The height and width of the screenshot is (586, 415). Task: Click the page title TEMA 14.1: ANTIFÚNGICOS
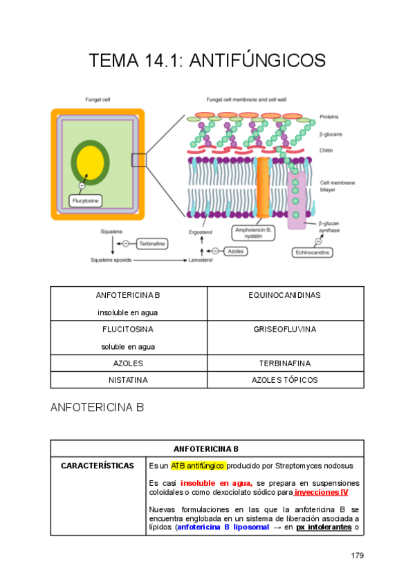click(207, 61)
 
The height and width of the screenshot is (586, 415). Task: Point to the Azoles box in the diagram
click(236, 251)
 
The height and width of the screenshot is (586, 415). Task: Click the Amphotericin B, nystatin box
click(254, 232)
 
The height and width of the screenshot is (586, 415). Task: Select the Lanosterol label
click(201, 261)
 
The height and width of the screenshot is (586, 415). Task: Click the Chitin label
click(326, 150)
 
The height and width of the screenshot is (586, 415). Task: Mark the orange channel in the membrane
click(263, 187)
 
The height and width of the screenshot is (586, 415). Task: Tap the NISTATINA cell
click(128, 379)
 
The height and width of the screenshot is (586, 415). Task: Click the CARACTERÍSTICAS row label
click(98, 466)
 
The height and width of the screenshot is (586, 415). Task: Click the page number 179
click(357, 555)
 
